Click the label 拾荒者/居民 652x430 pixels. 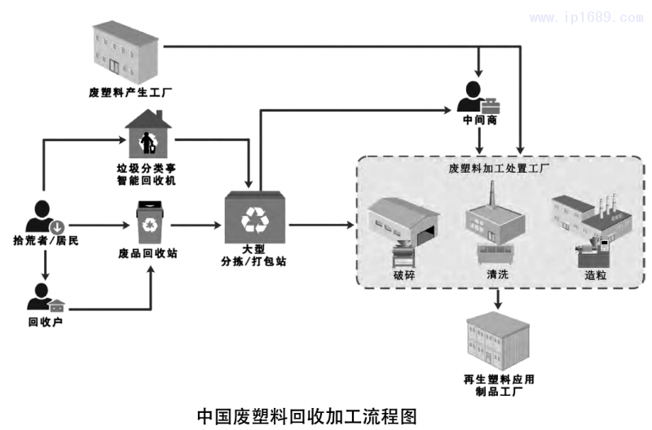pyautogui.click(x=46, y=241)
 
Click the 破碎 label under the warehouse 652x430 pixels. pyautogui.click(x=404, y=274)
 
